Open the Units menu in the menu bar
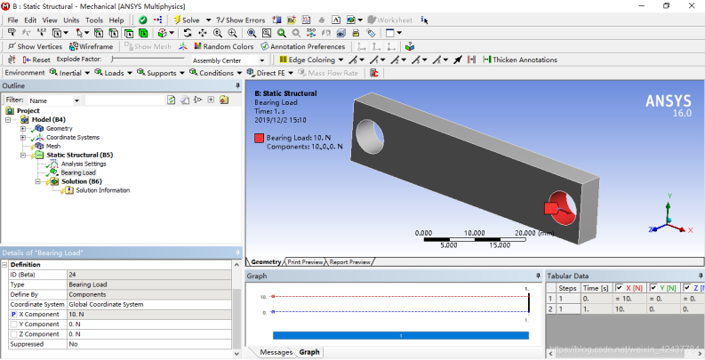pyautogui.click(x=71, y=20)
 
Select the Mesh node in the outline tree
pyautogui.click(x=52, y=146)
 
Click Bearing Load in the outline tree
pyautogui.click(x=77, y=172)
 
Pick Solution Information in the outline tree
pyautogui.click(x=102, y=190)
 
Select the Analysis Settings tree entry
pyautogui.click(x=83, y=164)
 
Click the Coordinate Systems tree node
pyautogui.click(x=72, y=137)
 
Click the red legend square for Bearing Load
pyautogui.click(x=259, y=138)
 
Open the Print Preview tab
pyautogui.click(x=304, y=262)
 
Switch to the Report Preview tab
pyautogui.click(x=349, y=262)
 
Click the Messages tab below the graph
pyautogui.click(x=276, y=352)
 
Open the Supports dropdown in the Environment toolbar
pyautogui.click(x=161, y=73)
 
